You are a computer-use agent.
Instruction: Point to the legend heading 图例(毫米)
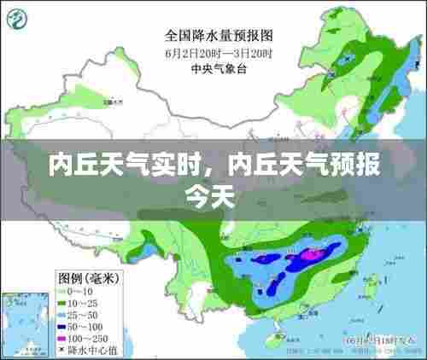[x=87, y=277]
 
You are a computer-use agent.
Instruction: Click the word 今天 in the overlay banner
[x=210, y=195]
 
